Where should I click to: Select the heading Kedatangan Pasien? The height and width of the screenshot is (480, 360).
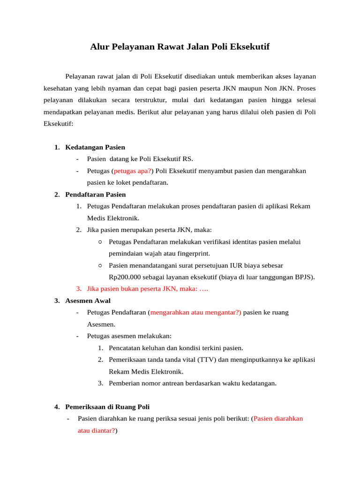point(95,147)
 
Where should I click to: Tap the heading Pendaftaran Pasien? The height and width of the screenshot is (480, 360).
point(96,194)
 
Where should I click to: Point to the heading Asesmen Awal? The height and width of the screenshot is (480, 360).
point(88,300)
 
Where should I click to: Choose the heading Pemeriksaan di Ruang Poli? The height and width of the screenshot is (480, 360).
point(108,406)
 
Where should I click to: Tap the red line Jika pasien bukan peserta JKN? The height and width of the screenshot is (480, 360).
point(142,289)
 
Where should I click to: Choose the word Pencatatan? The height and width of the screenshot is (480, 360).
point(125,348)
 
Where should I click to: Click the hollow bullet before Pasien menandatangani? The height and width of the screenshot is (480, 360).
point(100,265)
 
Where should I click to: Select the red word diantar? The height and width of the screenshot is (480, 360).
point(104,430)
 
